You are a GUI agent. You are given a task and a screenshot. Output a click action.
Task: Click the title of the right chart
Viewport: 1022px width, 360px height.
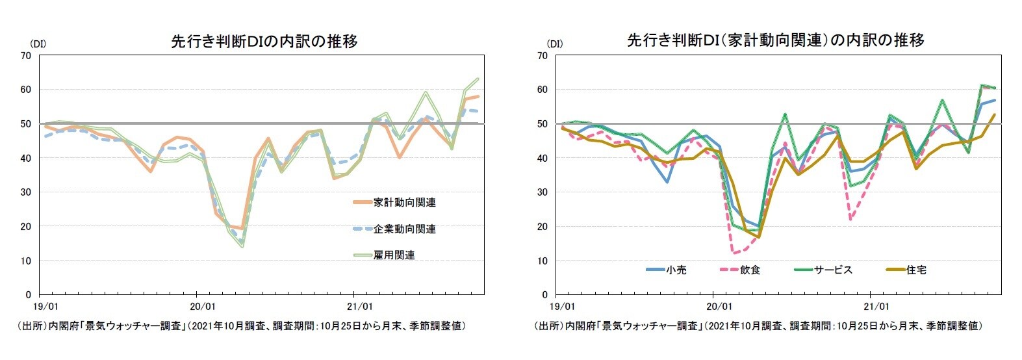[x=775, y=40]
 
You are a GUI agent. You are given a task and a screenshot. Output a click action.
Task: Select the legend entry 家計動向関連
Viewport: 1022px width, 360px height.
[x=404, y=203]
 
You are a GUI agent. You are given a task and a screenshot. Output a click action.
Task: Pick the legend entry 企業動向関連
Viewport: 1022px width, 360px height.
[x=404, y=229]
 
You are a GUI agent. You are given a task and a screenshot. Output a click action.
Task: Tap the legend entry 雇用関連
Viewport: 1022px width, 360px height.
[x=394, y=255]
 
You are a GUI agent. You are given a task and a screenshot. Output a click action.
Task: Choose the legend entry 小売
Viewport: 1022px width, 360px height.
[x=676, y=270]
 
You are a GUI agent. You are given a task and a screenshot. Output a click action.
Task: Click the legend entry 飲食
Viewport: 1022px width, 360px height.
[x=750, y=270]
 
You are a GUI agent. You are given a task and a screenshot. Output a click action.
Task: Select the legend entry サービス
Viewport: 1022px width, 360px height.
[x=833, y=270]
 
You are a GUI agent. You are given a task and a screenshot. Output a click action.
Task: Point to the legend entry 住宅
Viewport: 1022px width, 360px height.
[x=916, y=270]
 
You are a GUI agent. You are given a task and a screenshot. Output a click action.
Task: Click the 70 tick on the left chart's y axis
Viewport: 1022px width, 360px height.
[x=26, y=55]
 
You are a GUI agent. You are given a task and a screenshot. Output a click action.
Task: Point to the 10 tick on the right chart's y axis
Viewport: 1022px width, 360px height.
[x=542, y=261]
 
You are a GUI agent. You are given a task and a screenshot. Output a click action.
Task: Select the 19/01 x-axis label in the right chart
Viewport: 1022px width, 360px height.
[x=563, y=305]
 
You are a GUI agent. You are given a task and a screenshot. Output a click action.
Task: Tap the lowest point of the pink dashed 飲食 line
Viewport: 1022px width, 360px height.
[x=734, y=252]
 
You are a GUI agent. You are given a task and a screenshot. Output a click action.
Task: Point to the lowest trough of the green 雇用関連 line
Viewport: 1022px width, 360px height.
[x=242, y=246]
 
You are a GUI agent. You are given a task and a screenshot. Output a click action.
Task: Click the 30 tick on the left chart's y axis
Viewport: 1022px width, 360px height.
[x=26, y=192]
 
